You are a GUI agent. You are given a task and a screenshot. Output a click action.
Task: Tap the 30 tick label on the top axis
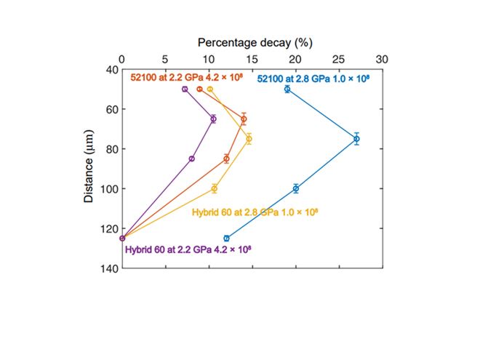click(x=383, y=59)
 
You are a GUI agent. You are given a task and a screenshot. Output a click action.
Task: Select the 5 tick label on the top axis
click(x=166, y=59)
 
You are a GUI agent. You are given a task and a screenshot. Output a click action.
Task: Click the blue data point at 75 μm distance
click(x=356, y=138)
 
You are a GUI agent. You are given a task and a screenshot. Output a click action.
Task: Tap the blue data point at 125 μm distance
click(x=226, y=238)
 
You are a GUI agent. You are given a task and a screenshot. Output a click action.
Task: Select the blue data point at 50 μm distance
click(x=287, y=89)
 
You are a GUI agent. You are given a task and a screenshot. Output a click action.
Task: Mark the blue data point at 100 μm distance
click(x=296, y=188)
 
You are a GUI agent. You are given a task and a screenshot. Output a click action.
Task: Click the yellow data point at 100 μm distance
click(x=215, y=188)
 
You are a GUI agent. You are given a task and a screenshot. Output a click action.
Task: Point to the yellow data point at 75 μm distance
click(x=249, y=138)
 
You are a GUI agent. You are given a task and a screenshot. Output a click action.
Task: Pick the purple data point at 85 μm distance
click(x=192, y=159)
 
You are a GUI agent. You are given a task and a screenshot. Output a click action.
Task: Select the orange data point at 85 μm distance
click(x=226, y=159)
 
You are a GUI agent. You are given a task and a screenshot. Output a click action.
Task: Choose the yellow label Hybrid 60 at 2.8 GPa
click(x=255, y=212)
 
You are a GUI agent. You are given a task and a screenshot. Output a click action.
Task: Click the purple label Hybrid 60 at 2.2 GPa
click(x=188, y=249)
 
